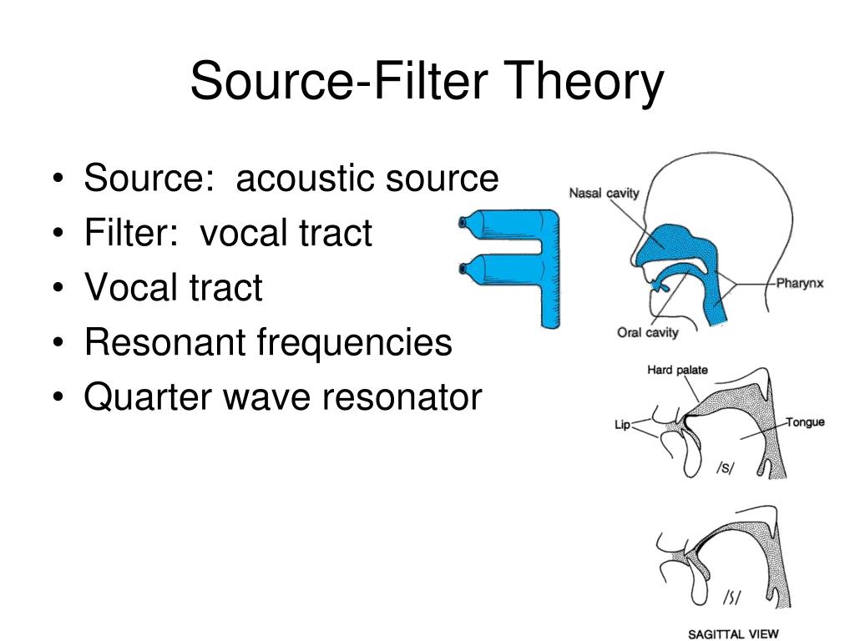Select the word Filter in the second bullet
click(130, 233)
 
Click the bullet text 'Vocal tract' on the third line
click(173, 288)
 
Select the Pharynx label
click(800, 283)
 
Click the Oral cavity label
click(648, 333)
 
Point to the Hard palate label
click(678, 370)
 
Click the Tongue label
click(805, 422)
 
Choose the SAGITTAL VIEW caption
click(732, 633)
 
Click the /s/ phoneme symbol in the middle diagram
click(724, 469)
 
